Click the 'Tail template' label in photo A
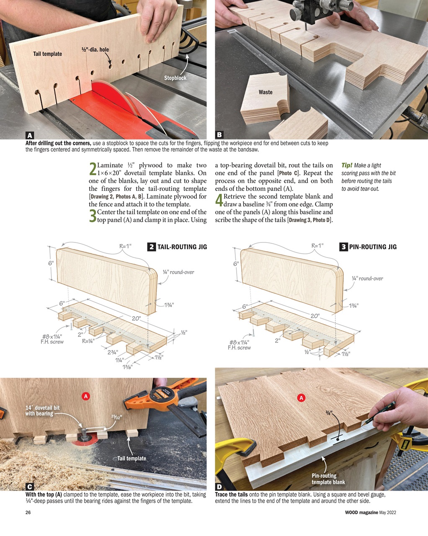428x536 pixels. pos(47,54)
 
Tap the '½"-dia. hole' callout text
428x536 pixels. pos(95,50)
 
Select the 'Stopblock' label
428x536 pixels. pos(175,78)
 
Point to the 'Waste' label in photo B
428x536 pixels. pos(265,92)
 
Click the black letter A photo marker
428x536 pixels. pos(29,135)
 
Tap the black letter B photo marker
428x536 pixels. pos(219,135)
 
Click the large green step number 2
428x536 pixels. pos(93,170)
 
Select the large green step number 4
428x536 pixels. pos(219,201)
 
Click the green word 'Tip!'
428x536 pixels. pos(347,165)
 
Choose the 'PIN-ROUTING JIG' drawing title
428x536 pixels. pos(372,247)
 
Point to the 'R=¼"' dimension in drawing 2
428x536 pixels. pos(88,341)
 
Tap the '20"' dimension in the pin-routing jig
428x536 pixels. pos(315,316)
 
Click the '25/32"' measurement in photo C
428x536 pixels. pos(116,417)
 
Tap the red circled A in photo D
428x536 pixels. pos(301,398)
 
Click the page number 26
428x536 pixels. pos(28,513)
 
